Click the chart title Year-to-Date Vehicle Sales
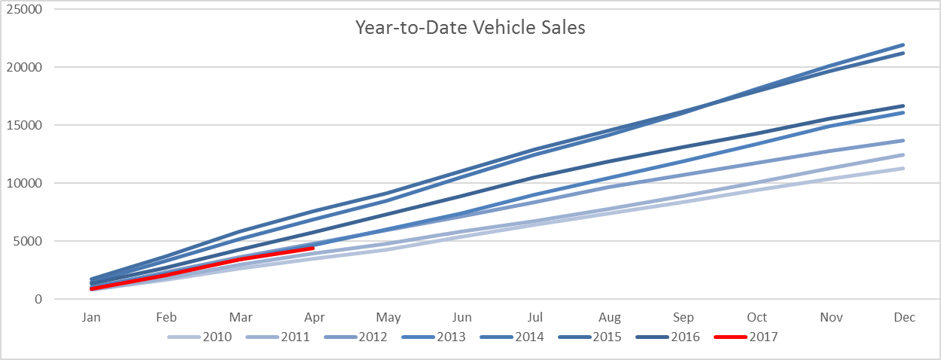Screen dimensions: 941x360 point(470,28)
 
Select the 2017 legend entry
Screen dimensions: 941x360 point(746,337)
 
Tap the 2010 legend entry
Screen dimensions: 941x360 point(199,337)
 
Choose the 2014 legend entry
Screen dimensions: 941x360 point(512,337)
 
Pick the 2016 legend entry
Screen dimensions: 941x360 point(668,337)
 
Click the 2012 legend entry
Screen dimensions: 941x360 point(356,337)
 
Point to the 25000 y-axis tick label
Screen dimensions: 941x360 point(24,9)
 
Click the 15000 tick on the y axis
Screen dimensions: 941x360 point(24,125)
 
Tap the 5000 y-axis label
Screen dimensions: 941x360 point(28,241)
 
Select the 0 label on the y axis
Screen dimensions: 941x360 point(38,299)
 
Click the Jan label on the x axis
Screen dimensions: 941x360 point(91,317)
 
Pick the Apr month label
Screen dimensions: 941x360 point(314,318)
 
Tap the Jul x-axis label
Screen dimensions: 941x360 point(534,317)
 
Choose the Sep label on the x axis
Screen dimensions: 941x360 point(683,318)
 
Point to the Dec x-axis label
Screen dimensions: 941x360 point(904,317)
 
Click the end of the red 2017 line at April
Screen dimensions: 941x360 point(313,249)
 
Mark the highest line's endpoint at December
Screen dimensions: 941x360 point(903,45)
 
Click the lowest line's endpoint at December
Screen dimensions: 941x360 point(903,169)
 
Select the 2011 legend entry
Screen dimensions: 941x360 point(278,337)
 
